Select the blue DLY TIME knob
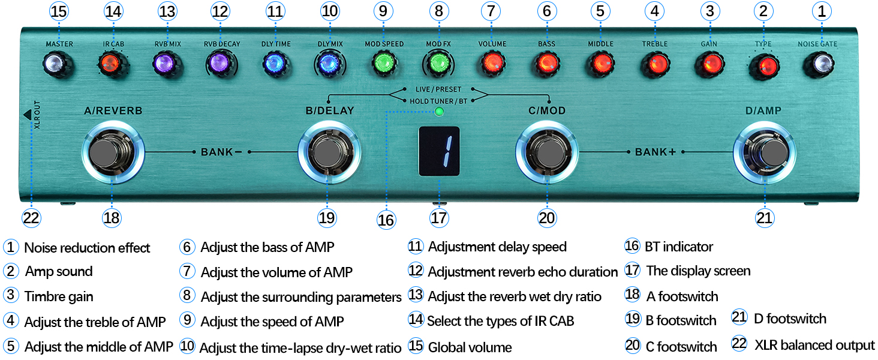[x=275, y=62]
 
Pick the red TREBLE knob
[x=654, y=62]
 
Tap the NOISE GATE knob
[x=821, y=62]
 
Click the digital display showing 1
[x=438, y=152]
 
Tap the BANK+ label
[x=656, y=152]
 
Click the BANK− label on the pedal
[x=221, y=152]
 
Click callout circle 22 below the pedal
[x=31, y=217]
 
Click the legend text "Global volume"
[x=470, y=347]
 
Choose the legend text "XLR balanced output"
[x=814, y=345]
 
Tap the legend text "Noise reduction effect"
[x=87, y=248]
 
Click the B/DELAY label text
[x=329, y=110]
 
